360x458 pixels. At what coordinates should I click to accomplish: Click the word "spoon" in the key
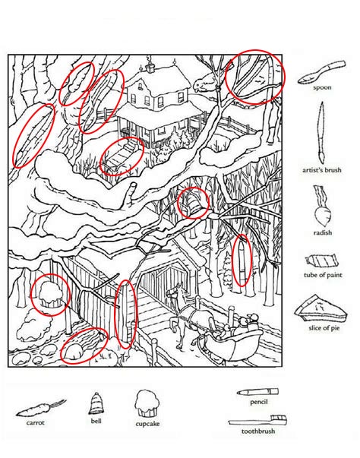coord(322,87)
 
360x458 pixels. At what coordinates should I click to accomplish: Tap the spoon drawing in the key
coord(321,72)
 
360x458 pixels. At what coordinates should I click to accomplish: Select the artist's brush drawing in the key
coord(321,132)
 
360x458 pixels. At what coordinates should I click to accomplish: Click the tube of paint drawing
coord(322,261)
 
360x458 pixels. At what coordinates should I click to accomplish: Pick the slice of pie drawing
coord(321,308)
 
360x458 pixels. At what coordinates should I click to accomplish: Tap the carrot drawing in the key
coord(41,408)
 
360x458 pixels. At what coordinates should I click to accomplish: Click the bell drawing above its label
coord(96,403)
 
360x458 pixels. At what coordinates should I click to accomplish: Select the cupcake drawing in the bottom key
coord(147,403)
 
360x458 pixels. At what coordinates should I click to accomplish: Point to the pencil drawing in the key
coord(257,392)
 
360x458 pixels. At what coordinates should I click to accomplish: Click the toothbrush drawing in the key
coord(257,420)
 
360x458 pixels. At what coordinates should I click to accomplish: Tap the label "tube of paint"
coord(323,275)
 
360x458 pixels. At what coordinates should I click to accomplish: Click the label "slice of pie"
coord(324,328)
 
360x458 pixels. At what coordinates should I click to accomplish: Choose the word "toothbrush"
coord(258,431)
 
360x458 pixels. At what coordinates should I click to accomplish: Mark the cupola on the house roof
coord(150,67)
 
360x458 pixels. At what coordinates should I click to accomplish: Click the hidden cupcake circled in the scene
coord(50,294)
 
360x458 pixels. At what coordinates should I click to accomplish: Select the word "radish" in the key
coord(323,232)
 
